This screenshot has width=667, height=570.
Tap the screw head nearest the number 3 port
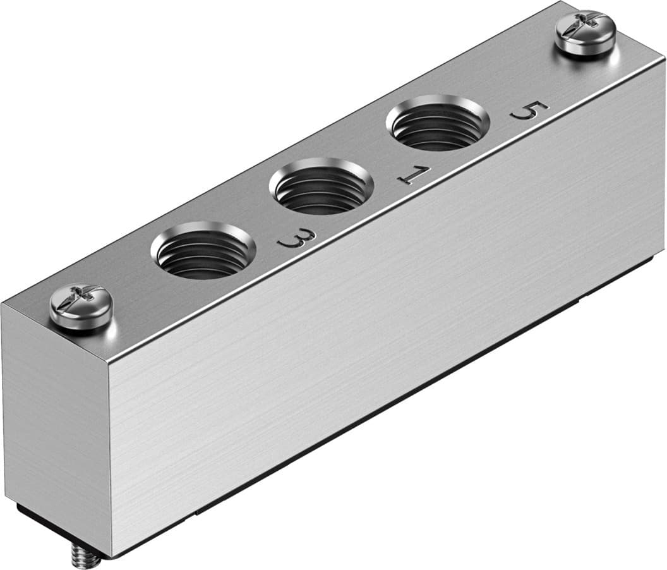coord(81,306)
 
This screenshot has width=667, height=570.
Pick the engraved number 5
coord(529,111)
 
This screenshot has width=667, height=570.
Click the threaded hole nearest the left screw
coord(203,250)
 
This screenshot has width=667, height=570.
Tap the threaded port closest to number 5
coord(438,123)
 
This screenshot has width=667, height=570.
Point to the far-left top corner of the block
coord(3,304)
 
